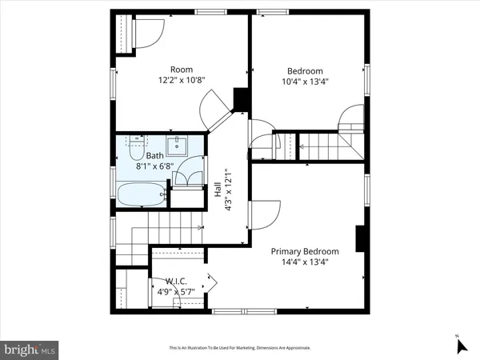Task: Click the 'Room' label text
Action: (178, 70)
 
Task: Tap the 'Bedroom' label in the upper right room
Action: (306, 70)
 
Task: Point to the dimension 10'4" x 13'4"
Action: (306, 81)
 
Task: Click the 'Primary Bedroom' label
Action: (305, 251)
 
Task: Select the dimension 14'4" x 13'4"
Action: (305, 262)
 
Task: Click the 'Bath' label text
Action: (154, 157)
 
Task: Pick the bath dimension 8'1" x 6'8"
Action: (154, 166)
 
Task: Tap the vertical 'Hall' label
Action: (217, 190)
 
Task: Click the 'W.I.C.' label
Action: (176, 281)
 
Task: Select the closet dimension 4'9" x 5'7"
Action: (176, 291)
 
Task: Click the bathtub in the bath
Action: (141, 194)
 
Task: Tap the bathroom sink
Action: (178, 146)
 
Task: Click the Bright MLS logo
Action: (30, 349)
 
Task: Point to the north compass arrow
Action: (461, 346)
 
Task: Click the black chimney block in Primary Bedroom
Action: (361, 238)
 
